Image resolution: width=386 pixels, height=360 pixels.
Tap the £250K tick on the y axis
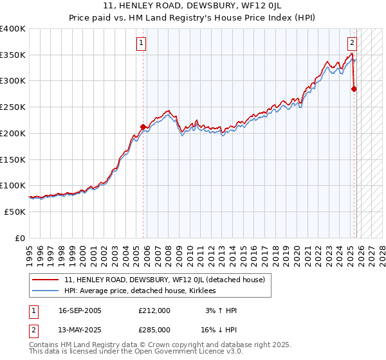coord(13,107)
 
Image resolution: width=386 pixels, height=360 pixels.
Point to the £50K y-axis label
coord(15,212)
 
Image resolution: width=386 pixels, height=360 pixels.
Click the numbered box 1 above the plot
coord(141,44)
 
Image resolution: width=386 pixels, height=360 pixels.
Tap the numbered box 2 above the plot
coord(353,44)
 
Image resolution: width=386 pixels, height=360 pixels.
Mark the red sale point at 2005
coord(143,127)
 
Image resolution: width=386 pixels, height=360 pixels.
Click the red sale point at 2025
coord(354,89)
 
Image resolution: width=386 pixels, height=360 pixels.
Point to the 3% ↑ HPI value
coord(221,310)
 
